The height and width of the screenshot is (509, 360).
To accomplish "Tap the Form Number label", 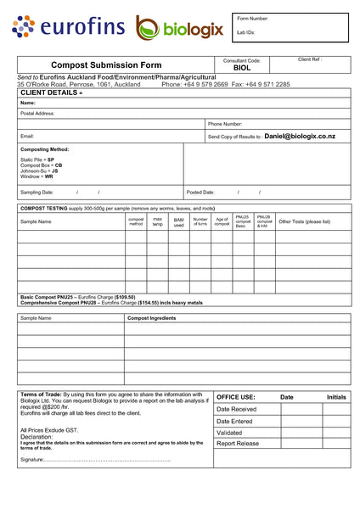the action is pos(252,18).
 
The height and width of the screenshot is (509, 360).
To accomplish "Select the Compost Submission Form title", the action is pos(105,64).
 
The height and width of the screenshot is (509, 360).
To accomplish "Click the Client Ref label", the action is pos(310,60).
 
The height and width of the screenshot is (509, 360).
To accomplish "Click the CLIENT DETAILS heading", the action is pos(51,92).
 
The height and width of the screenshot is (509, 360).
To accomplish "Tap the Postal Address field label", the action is pos(37,113).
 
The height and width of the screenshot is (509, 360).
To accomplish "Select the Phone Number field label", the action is pos(225,124).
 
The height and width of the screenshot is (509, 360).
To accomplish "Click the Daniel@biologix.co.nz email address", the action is pos(300,136).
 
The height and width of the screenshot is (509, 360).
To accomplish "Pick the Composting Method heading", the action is pos(44,149).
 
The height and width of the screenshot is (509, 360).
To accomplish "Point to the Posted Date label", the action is pos(200,193).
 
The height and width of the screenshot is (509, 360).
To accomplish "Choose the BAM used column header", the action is pos(178,222).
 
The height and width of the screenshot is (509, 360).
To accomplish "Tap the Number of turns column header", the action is pos(200,222).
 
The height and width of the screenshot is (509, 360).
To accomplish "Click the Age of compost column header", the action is pos(222,222).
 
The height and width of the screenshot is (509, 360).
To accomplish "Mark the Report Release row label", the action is pos(238,443).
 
